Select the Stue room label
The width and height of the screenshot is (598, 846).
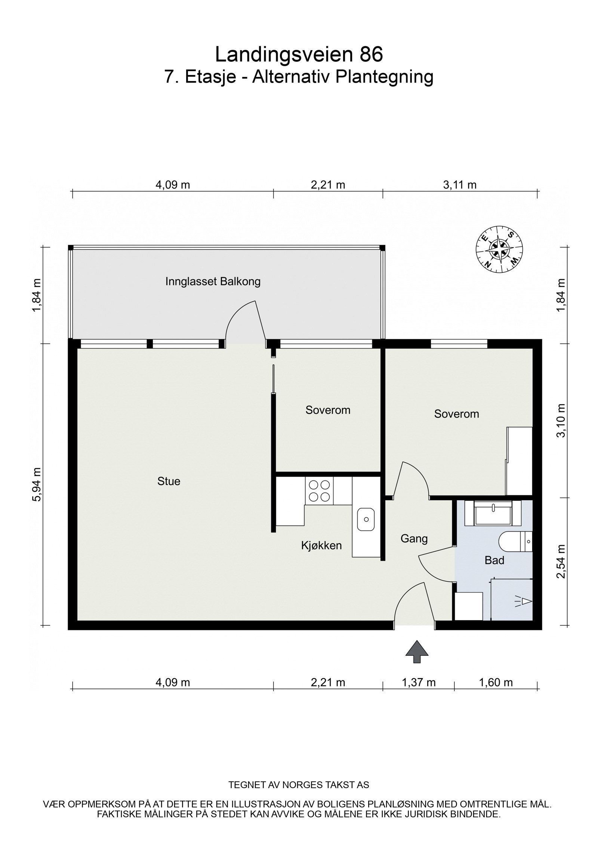point(169,481)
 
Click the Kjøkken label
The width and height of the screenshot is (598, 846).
point(321,545)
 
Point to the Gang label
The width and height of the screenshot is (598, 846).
point(414,539)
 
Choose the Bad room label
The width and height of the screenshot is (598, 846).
point(494,560)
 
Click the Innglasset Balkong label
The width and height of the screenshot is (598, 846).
point(213,282)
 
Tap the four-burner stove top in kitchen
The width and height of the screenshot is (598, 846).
point(320,491)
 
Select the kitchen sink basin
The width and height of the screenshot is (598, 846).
point(366,519)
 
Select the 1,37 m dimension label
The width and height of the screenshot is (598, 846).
point(418,683)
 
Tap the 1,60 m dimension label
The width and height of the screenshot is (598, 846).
point(496,683)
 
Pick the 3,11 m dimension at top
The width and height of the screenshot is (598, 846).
point(460,185)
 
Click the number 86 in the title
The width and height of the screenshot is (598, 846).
point(371,55)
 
